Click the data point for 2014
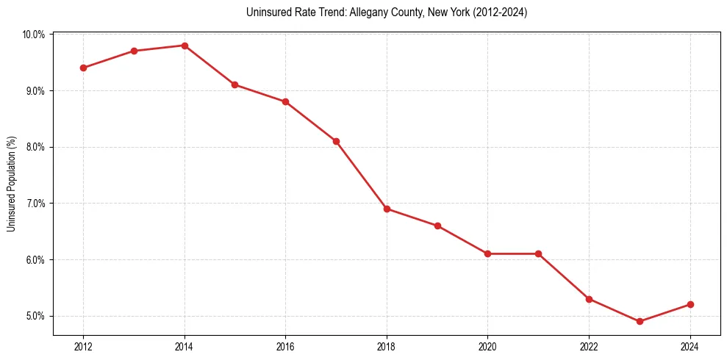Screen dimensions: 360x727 185,46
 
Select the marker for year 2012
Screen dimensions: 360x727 83,68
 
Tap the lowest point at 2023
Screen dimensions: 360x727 640,321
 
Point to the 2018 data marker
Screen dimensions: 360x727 387,209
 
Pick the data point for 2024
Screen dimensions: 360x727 690,304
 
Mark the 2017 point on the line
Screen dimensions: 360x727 336,141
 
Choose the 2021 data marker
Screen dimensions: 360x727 538,253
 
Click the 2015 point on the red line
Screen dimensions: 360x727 234,84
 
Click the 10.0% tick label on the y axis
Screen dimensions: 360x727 34,35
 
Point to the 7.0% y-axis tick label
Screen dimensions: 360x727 35,204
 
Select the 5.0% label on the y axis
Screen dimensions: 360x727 35,317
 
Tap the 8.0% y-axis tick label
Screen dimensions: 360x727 35,147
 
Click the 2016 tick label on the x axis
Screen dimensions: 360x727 285,347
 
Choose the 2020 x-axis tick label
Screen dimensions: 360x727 487,347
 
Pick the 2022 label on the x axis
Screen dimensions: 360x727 589,347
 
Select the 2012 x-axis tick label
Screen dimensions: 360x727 83,347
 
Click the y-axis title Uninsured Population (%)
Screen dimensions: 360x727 12,184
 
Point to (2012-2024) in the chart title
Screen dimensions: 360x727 501,12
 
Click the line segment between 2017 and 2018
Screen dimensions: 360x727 362,175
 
